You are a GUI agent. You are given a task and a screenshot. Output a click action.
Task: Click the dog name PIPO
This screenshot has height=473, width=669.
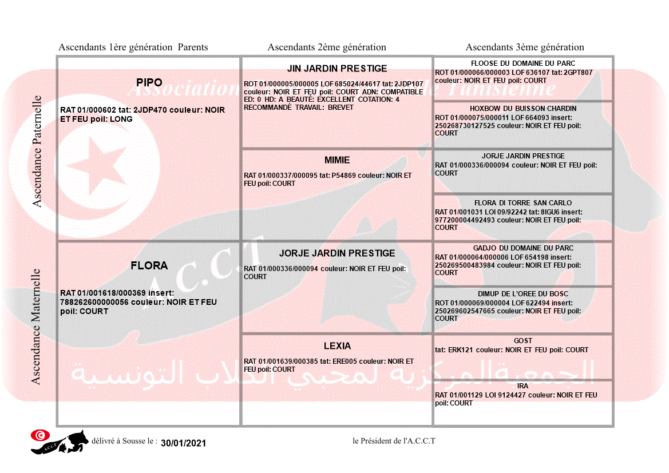tap(149, 83)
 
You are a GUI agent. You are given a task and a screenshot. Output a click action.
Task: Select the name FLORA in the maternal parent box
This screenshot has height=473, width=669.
tap(149, 265)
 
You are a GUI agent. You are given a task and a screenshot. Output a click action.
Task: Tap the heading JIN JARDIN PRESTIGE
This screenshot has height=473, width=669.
tap(337, 69)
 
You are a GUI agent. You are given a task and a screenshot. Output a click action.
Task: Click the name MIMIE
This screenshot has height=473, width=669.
tap(337, 160)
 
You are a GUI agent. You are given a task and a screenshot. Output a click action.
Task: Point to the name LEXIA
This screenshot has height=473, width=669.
tap(337, 346)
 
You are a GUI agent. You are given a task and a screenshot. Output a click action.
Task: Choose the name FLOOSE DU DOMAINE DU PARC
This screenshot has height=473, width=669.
tap(523, 63)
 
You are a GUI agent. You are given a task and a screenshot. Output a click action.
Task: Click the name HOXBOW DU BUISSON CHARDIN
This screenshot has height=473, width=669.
tap(523, 109)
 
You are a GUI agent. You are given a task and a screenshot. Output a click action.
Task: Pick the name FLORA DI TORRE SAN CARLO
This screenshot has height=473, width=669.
tap(523, 203)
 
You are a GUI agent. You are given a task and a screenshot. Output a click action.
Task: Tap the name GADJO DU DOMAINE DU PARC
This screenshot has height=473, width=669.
tap(523, 248)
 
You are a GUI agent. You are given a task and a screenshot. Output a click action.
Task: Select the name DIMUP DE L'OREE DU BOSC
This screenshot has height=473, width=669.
tap(523, 294)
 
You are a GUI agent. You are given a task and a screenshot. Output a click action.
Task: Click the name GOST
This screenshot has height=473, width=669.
tap(523, 341)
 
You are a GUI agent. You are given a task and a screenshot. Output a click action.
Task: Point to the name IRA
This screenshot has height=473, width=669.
tap(523, 386)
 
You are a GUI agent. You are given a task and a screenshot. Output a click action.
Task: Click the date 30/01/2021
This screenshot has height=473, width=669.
tap(183, 443)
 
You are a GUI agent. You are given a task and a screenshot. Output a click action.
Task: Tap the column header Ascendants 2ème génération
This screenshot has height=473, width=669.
tap(327, 47)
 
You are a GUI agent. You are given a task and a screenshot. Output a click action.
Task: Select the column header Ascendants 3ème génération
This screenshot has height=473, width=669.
tap(525, 47)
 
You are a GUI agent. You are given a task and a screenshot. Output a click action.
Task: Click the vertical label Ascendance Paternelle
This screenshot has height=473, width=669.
tap(37, 151)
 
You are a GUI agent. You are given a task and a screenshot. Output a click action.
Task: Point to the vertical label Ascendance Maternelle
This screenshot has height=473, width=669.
tap(36, 327)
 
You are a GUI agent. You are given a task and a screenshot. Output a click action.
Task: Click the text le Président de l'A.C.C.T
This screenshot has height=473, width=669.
tap(394, 441)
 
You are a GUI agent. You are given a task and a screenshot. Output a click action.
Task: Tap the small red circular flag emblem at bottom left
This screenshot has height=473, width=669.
tap(39, 435)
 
